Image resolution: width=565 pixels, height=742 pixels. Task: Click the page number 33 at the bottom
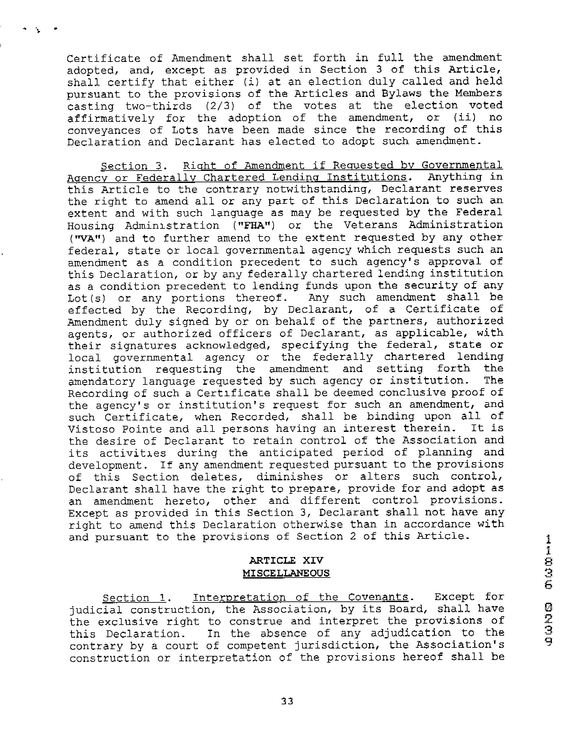pyautogui.click(x=287, y=701)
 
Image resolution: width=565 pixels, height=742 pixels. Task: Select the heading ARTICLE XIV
pyautogui.click(x=286, y=560)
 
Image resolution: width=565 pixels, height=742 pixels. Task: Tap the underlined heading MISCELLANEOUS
pyautogui.click(x=286, y=573)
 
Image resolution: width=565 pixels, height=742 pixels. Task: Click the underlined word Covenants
pyautogui.click(x=378, y=597)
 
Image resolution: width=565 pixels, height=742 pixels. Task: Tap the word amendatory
pyautogui.click(x=101, y=381)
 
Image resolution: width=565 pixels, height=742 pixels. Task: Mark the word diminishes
pyautogui.click(x=290, y=477)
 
